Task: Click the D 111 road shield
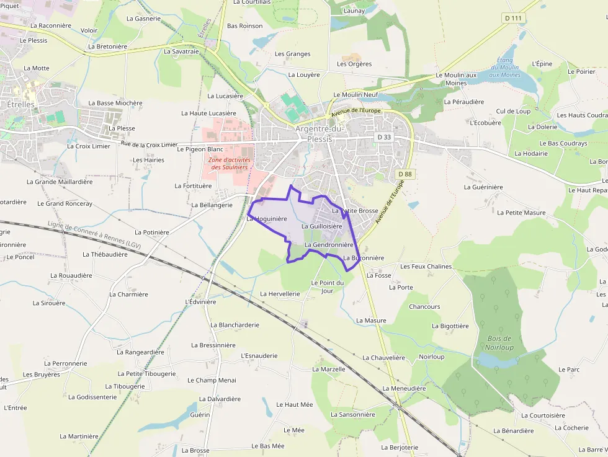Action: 513,18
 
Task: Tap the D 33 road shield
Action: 384,137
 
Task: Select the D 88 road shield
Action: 405,174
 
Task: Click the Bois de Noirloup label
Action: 499,343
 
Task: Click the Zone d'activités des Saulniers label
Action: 229,163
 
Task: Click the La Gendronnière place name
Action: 329,245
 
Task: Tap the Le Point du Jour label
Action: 327,286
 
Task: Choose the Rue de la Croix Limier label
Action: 149,144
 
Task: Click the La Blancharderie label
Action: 235,325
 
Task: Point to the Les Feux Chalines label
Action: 426,267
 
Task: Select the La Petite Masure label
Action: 525,213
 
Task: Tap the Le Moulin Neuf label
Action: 355,95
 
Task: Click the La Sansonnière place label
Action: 352,415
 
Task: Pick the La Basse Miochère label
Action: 115,104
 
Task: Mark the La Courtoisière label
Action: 543,416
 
